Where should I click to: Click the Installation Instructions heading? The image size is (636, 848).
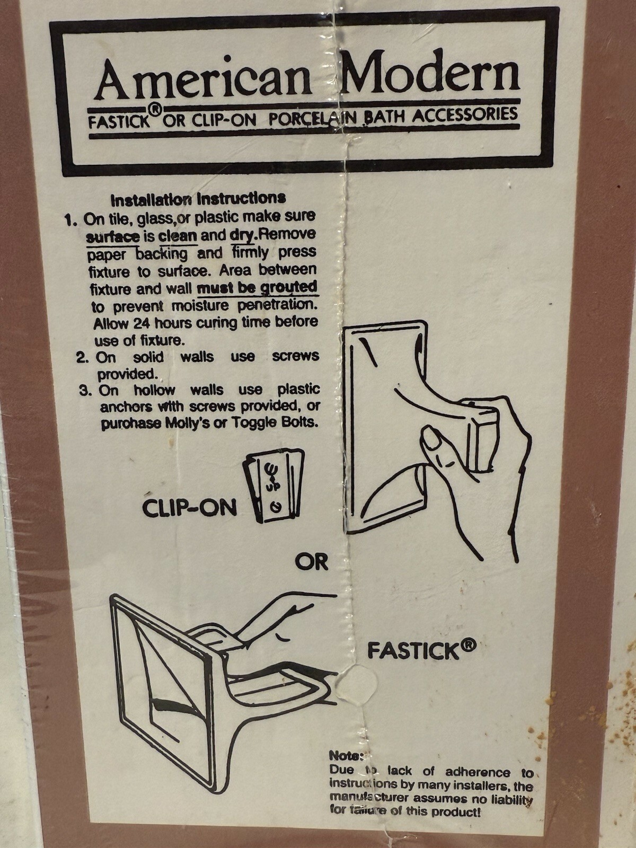click(198, 199)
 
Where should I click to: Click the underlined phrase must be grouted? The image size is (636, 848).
click(257, 288)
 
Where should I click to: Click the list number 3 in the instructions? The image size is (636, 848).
click(85, 391)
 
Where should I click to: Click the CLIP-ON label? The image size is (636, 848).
click(189, 509)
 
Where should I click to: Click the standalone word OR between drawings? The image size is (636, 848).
click(312, 562)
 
